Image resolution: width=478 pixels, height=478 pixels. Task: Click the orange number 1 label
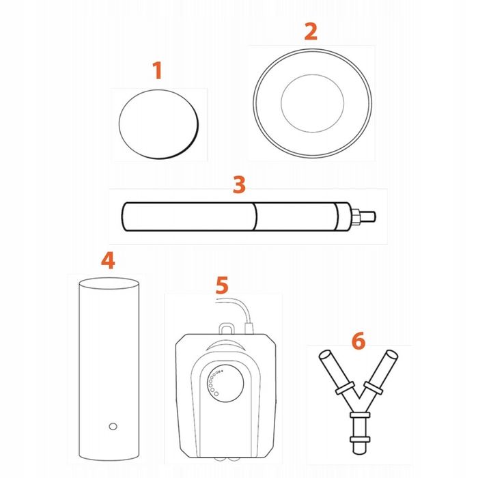(157, 70)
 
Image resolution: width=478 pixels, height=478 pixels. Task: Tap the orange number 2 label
(311, 31)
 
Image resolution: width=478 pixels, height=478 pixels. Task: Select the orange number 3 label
(239, 184)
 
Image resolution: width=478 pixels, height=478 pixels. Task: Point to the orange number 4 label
(108, 260)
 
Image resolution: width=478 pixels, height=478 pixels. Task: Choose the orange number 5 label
(222, 285)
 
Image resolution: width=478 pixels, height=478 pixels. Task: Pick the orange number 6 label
(358, 341)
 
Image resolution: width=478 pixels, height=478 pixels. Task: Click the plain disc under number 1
(158, 124)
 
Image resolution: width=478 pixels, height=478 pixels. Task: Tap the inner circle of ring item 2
(313, 103)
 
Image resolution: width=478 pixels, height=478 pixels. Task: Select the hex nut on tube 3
(356, 216)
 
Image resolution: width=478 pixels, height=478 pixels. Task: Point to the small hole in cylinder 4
(113, 426)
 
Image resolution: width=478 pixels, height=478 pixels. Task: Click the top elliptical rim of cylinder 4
(109, 283)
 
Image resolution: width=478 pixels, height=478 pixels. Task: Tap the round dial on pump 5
(225, 383)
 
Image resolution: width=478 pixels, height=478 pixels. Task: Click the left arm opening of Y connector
(324, 355)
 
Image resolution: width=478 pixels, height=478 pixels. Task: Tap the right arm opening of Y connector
(392, 355)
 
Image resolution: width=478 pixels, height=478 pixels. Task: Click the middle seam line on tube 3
(255, 216)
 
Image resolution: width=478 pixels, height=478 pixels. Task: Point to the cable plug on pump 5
(249, 328)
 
